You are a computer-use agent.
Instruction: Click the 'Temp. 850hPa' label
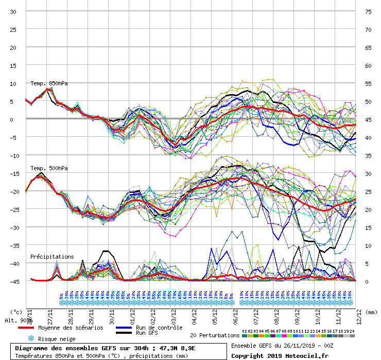(x=49, y=83)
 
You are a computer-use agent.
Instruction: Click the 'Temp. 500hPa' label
(x=49, y=168)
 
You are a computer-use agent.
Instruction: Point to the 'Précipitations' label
(x=52, y=256)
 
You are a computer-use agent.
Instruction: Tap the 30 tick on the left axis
(x=13, y=11)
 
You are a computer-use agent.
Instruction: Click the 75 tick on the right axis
(x=368, y=11)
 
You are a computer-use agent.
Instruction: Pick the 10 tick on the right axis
(x=368, y=245)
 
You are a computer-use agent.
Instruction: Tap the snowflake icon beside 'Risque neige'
(x=30, y=338)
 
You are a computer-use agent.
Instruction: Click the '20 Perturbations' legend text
(x=215, y=335)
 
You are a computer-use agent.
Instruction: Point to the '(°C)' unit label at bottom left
(x=16, y=311)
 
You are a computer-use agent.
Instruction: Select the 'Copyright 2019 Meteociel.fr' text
(x=280, y=355)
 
